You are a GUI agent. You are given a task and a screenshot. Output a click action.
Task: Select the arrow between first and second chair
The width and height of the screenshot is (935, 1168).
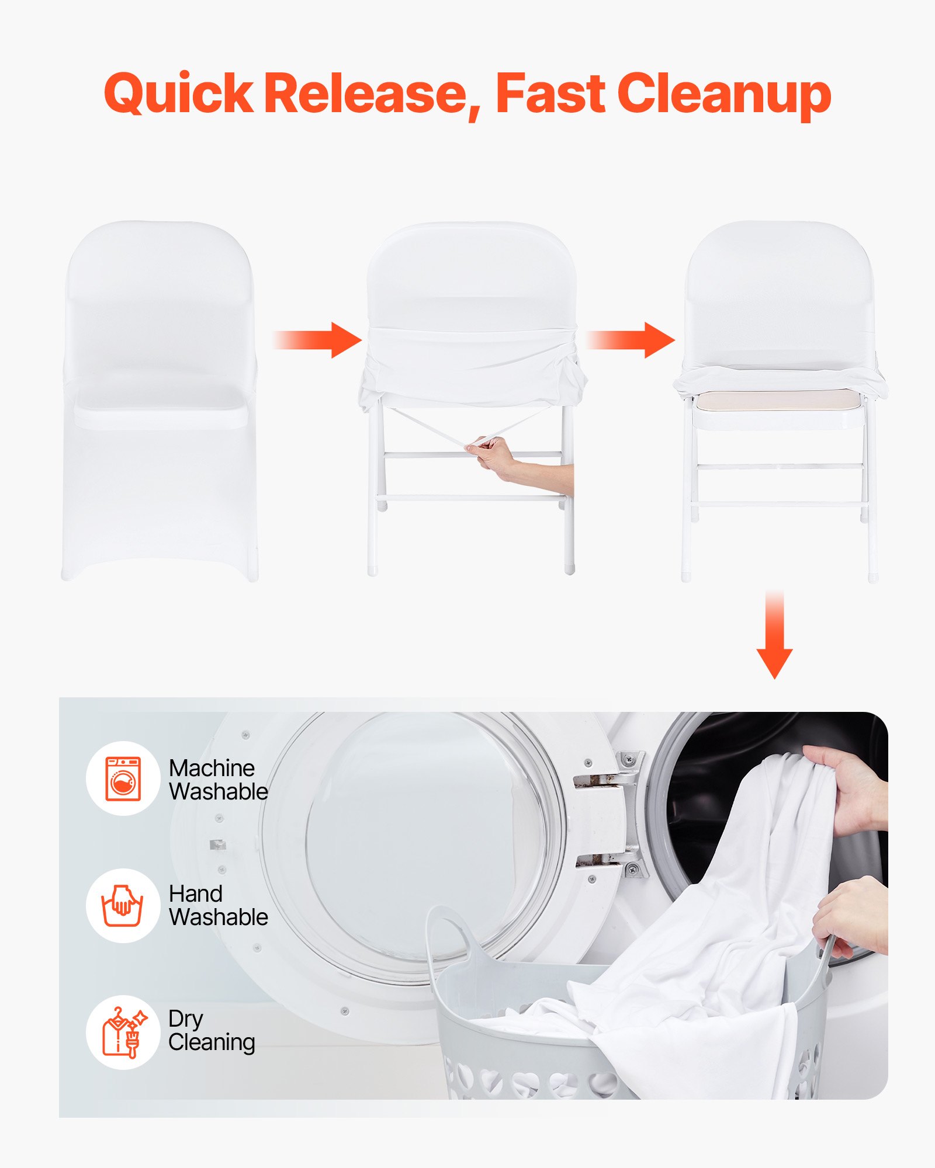pyautogui.click(x=318, y=340)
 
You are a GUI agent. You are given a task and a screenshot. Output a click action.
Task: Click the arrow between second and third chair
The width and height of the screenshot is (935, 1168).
pyautogui.click(x=631, y=340)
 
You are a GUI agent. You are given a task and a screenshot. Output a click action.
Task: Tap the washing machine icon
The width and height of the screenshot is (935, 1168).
pyautogui.click(x=123, y=778)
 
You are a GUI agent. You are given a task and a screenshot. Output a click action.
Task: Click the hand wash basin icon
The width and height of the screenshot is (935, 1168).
pyautogui.click(x=123, y=905)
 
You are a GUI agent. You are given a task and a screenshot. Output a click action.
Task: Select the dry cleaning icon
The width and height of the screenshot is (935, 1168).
pyautogui.click(x=123, y=1032)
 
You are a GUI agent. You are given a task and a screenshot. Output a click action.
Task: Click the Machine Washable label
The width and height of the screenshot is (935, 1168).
pyautogui.click(x=218, y=780)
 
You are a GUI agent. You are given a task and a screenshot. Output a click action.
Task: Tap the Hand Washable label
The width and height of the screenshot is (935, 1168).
pyautogui.click(x=218, y=905)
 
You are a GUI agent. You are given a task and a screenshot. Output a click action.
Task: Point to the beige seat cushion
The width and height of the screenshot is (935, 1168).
pyautogui.click(x=777, y=401)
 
